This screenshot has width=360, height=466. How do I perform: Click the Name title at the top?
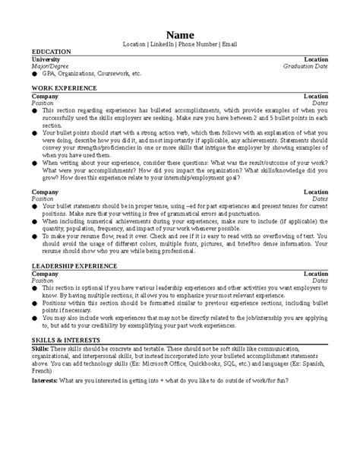pos(180,34)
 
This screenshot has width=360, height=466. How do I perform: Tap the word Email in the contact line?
pos(229,44)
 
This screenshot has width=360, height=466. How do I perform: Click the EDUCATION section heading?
pos(52,52)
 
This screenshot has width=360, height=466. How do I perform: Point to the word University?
pos(46,59)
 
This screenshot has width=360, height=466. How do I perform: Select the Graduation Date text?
pos(305,66)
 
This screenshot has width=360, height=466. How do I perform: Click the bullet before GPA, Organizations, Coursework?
pos(35,74)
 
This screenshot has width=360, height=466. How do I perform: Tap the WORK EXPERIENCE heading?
pos(64,89)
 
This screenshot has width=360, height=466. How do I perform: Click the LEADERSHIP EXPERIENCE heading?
pos(74,265)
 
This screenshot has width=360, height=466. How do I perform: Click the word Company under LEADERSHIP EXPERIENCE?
pos(44,273)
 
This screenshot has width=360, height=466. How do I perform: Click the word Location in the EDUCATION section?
pos(316,59)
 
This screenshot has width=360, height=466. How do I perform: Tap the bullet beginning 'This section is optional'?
pos(35,289)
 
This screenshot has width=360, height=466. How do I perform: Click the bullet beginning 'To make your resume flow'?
pos(35,236)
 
